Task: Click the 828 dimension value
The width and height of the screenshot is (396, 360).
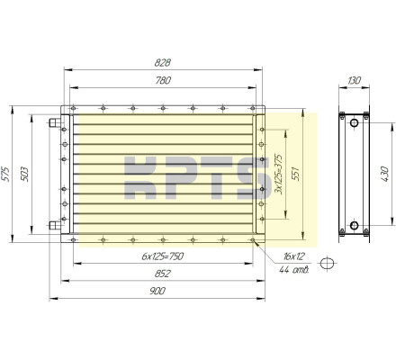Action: click(x=163, y=63)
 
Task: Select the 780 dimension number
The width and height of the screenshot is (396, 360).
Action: click(x=163, y=80)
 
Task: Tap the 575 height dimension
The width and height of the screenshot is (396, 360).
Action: click(x=5, y=174)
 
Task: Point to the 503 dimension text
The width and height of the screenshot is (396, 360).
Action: click(x=24, y=174)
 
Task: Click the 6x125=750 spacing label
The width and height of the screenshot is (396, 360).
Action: click(x=162, y=256)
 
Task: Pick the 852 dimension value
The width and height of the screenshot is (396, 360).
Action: click(x=163, y=274)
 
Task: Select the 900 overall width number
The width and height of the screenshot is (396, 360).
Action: click(x=157, y=291)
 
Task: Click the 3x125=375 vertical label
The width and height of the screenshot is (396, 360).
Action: click(x=279, y=174)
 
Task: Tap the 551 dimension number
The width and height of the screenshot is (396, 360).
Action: click(x=295, y=174)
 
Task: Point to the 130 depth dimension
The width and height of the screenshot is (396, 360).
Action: click(x=354, y=80)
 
